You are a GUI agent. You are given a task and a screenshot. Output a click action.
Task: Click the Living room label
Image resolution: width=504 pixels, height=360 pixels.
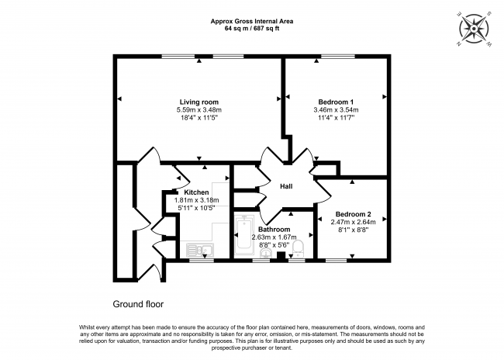pos(199,102)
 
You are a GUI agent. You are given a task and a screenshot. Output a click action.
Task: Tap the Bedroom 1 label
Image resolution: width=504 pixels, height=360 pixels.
pos(336,102)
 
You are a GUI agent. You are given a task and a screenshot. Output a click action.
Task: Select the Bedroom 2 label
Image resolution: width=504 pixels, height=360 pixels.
pos(354,214)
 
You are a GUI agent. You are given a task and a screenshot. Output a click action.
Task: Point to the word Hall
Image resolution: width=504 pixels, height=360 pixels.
pos(286,186)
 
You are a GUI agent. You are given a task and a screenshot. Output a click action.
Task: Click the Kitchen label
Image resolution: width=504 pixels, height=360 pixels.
pos(196,192)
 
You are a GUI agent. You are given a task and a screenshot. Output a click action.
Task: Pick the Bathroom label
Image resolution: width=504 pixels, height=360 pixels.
pos(274,230)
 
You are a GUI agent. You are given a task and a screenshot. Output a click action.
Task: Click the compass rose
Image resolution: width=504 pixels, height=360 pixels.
pos(474,29)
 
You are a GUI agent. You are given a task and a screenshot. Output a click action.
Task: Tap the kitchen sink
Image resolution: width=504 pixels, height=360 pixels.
pos(200,250)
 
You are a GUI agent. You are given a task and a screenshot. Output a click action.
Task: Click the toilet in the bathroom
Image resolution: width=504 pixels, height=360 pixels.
pos(298,248)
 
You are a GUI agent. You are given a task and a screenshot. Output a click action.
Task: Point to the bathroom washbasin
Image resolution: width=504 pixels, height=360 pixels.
pos(265,253)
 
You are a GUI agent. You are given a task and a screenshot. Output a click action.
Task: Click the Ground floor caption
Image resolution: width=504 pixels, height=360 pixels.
pos(138,304)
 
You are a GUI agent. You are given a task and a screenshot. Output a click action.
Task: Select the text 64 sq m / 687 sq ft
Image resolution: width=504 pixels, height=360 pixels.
pos(252,28)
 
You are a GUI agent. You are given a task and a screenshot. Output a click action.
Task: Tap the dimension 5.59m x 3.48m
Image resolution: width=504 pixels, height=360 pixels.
pos(199,109)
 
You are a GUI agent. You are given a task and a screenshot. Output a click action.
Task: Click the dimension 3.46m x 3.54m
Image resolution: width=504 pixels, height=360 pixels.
pos(336,109)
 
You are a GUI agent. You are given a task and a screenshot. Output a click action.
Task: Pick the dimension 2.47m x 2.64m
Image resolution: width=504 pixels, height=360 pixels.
pos(354,222)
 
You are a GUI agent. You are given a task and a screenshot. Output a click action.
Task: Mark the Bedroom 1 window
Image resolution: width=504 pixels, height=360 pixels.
pos(338,57)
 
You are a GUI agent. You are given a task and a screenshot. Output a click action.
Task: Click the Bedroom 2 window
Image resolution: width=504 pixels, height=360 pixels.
pos(337,260)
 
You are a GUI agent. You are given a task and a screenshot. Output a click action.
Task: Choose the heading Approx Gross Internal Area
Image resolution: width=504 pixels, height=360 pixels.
pos(252,22)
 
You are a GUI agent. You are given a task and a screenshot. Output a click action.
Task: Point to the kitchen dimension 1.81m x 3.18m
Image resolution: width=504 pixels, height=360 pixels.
pos(196,200)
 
